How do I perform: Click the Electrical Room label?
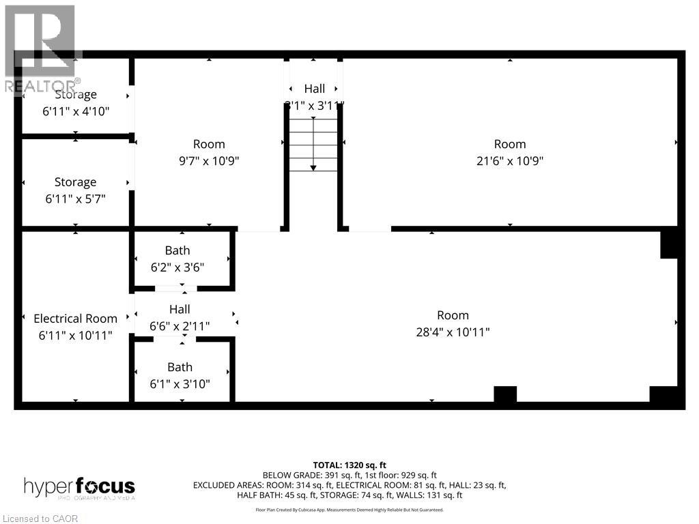click(x=75, y=319)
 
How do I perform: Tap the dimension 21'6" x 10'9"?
click(x=510, y=161)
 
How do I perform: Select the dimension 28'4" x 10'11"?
click(x=453, y=332)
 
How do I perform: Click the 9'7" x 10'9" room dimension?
click(x=209, y=161)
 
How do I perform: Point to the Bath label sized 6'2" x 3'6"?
click(x=177, y=250)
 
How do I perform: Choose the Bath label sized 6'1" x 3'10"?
click(x=180, y=367)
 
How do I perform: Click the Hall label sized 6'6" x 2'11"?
click(x=180, y=309)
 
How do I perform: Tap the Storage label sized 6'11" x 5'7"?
click(x=75, y=182)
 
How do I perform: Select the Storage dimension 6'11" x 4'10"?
click(x=75, y=111)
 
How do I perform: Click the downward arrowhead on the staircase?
click(x=313, y=167)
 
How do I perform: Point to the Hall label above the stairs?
click(x=315, y=89)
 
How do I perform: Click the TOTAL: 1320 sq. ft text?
click(x=349, y=465)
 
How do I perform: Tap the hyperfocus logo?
click(x=79, y=488)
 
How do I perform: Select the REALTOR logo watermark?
click(x=41, y=48)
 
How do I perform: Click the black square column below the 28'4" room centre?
click(x=505, y=394)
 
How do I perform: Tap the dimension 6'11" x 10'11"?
click(x=75, y=336)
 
